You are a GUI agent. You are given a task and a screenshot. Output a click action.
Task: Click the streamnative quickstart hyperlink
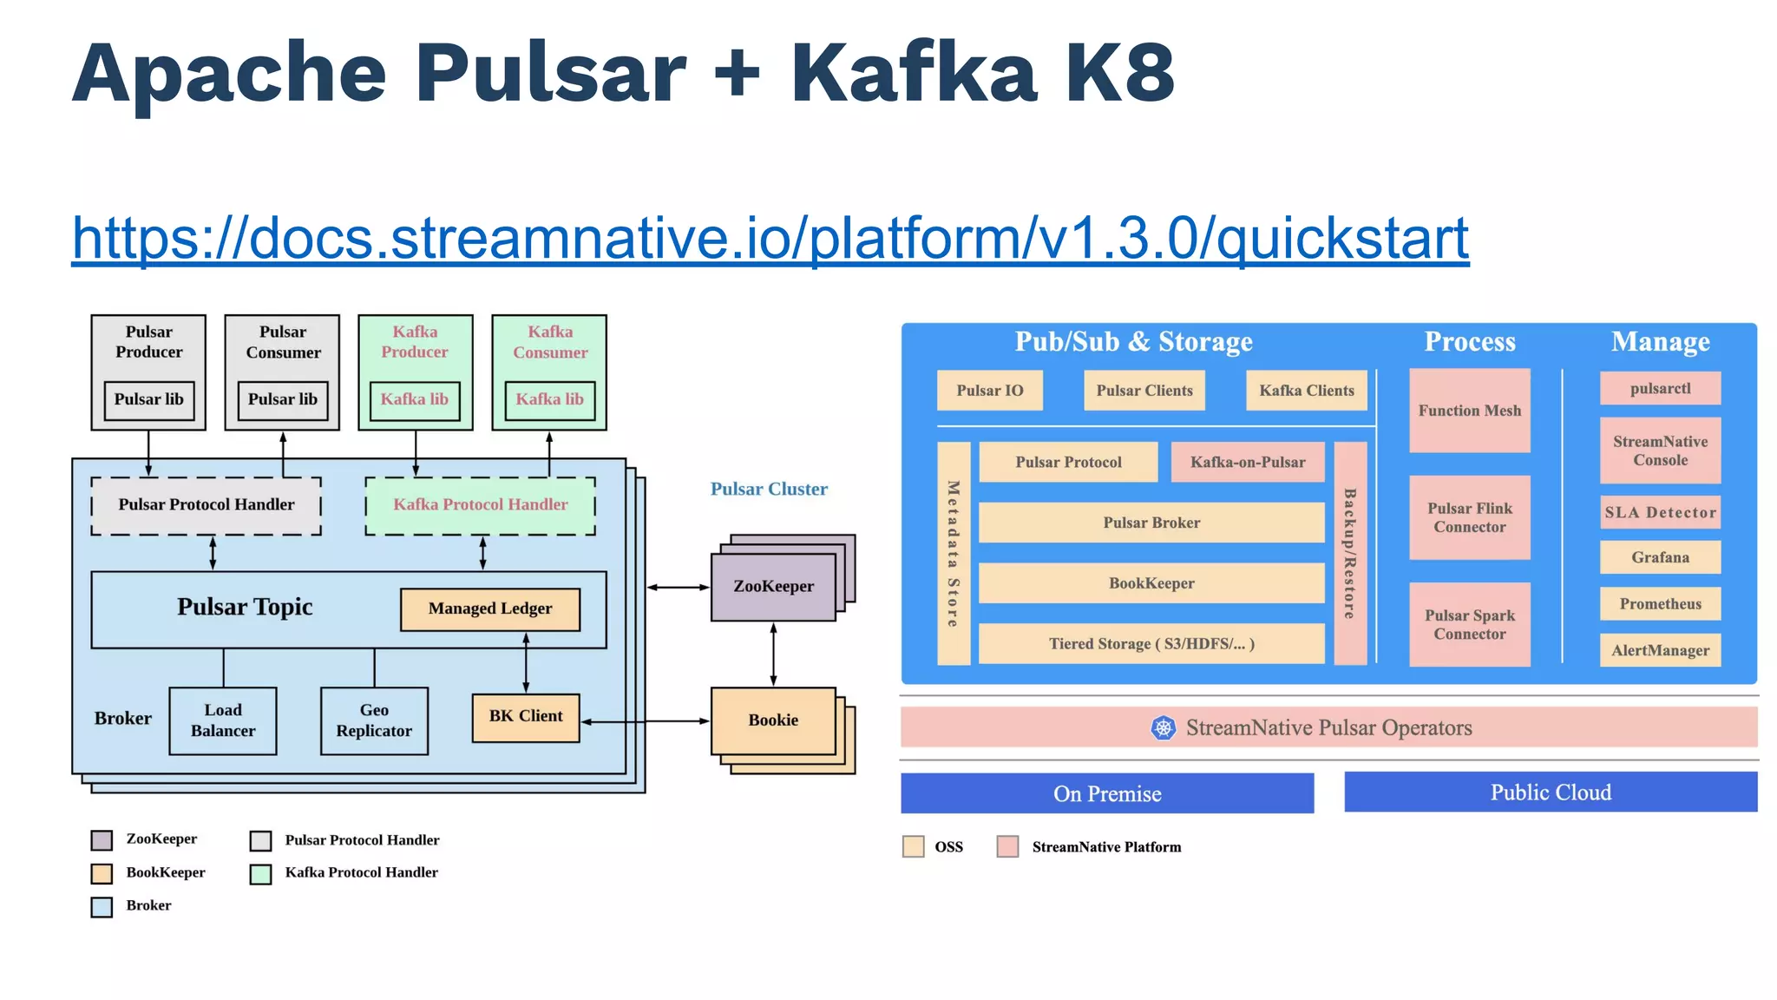(x=770, y=238)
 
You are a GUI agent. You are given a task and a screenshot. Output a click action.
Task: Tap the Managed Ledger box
(x=489, y=609)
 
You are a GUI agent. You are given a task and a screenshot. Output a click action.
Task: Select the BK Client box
(x=526, y=717)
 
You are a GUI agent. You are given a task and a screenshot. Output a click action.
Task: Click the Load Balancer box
(x=223, y=720)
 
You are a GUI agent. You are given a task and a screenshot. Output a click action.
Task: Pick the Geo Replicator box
(x=374, y=720)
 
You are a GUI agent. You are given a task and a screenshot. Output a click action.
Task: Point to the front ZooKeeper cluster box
(x=772, y=587)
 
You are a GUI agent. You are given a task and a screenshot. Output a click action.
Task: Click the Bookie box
(x=772, y=720)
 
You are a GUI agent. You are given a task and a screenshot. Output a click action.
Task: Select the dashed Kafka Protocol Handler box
(x=480, y=505)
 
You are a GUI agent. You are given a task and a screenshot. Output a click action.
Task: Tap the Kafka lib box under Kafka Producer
(x=415, y=400)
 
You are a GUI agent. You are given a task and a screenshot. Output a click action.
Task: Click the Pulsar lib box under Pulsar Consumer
(x=283, y=400)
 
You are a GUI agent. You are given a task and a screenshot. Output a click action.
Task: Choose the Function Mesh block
(x=1469, y=411)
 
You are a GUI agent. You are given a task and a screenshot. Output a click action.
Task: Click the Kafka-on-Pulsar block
(x=1247, y=463)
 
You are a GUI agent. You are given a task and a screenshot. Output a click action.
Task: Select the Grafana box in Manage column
(x=1660, y=557)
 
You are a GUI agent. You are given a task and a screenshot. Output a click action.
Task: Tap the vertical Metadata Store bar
(x=954, y=554)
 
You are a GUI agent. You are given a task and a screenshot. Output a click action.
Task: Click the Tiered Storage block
(x=1151, y=644)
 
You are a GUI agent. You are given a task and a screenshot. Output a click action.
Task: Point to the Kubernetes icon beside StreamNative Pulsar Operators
(x=1163, y=727)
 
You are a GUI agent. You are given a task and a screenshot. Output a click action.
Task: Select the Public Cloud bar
(x=1551, y=793)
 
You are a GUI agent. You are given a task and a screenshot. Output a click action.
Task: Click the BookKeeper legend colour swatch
(x=102, y=873)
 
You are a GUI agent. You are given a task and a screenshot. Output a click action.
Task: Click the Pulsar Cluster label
(x=769, y=490)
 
